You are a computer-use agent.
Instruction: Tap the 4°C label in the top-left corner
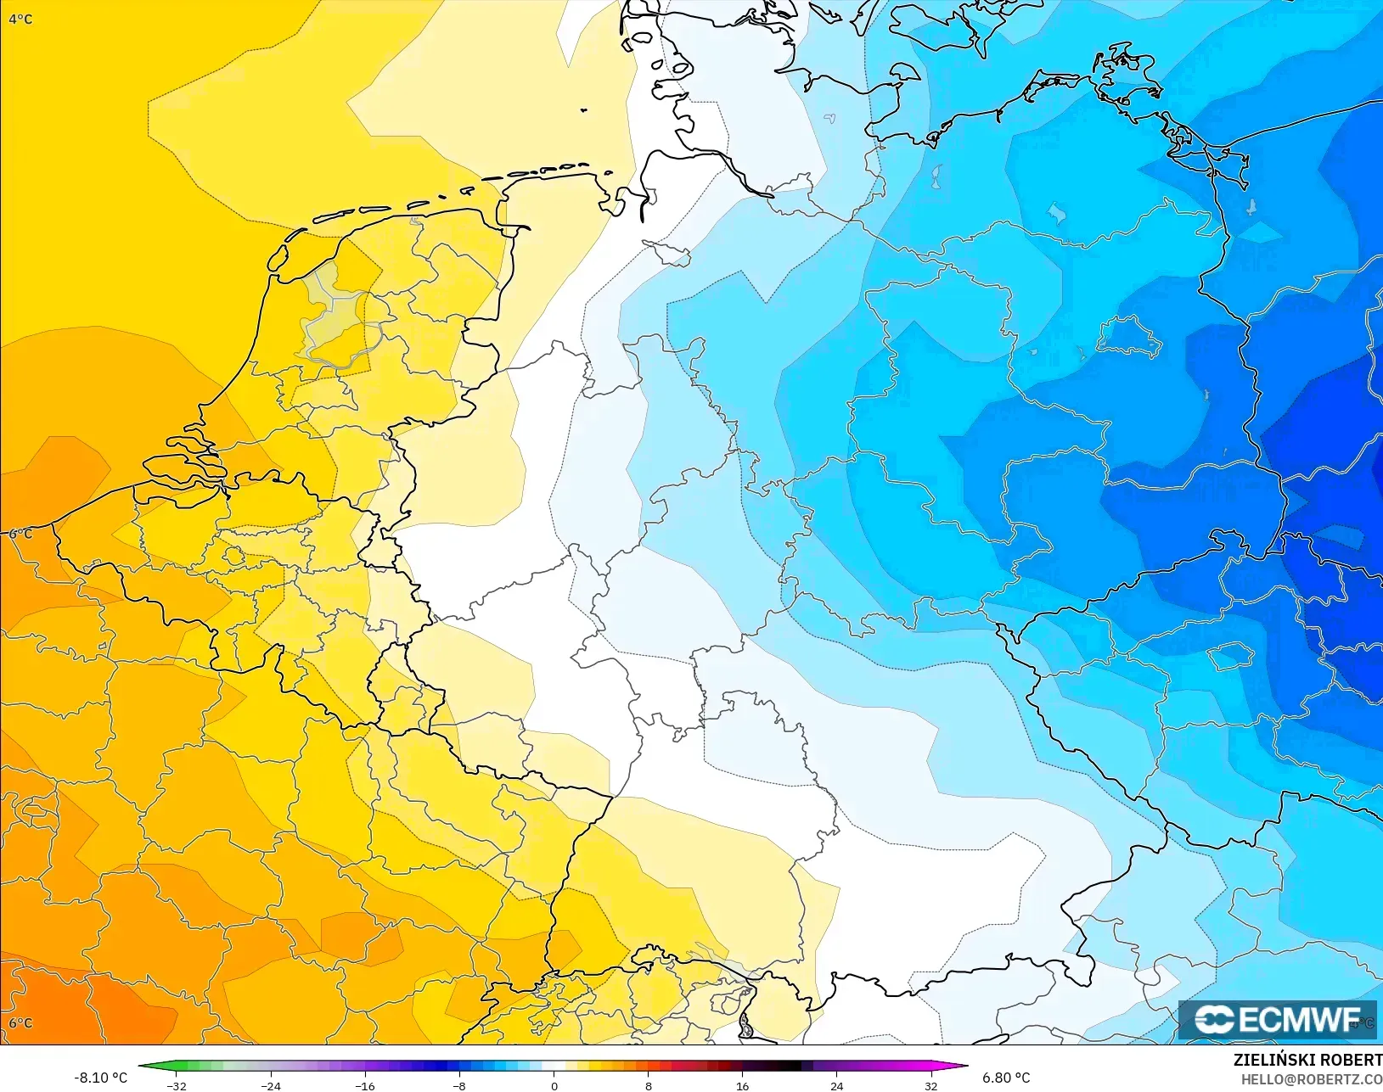pos(21,19)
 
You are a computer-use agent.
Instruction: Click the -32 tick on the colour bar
pos(177,1085)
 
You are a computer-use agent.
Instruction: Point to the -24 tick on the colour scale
pos(270,1085)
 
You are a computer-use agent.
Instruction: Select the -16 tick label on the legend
pos(364,1085)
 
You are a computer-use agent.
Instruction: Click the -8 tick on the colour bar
pos(458,1085)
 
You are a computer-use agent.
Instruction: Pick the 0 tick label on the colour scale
pos(554,1085)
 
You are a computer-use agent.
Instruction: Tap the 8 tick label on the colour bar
pos(648,1085)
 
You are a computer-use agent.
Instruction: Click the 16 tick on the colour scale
pos(742,1085)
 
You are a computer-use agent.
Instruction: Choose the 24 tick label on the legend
pos(836,1085)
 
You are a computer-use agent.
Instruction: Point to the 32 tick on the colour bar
pos(930,1085)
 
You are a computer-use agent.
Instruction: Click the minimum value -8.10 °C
pos(100,1078)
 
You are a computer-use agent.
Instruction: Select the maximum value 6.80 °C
pos(1006,1078)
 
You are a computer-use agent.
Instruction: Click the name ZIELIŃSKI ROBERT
pos(1307,1060)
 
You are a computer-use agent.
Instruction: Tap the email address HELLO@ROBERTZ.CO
pos(1312,1079)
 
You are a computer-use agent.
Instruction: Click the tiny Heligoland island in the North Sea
pos(584,109)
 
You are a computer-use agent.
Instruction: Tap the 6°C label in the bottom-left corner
pos(20,1022)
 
